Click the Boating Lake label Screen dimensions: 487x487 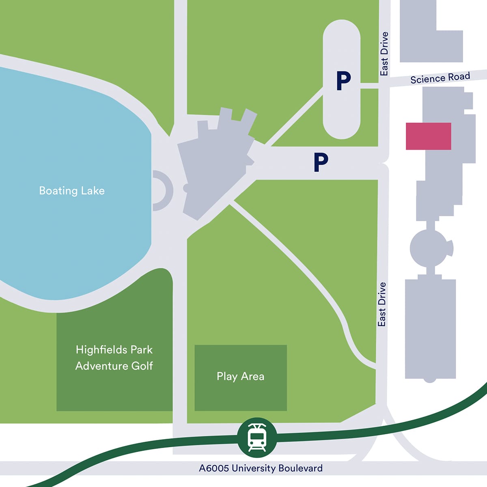pyautogui.click(x=72, y=191)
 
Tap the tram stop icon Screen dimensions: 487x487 pyautogui.click(x=257, y=437)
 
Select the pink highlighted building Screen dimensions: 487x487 pyautogui.click(x=429, y=136)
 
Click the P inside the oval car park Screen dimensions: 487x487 pyautogui.click(x=343, y=81)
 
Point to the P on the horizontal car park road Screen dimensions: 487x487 pyautogui.click(x=321, y=162)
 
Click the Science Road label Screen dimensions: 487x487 pyautogui.click(x=440, y=78)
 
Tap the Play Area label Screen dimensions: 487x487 pyautogui.click(x=240, y=377)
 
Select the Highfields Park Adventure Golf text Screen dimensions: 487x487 pyautogui.click(x=114, y=358)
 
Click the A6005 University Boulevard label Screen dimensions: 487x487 pyautogui.click(x=261, y=468)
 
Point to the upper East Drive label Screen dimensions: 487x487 pyautogui.click(x=384, y=54)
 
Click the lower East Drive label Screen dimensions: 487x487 pyautogui.click(x=381, y=304)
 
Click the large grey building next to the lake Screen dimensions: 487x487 pyautogui.click(x=215, y=162)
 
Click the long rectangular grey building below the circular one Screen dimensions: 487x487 pyautogui.click(x=430, y=329)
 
